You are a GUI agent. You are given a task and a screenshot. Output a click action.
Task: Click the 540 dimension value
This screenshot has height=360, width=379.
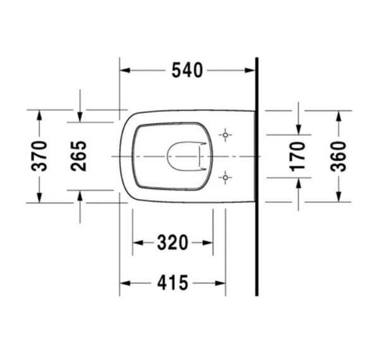pyautogui.click(x=188, y=71)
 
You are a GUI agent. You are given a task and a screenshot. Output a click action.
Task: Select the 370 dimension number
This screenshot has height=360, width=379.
pyautogui.click(x=39, y=156)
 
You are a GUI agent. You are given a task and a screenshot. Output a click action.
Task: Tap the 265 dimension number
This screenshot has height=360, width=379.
pyautogui.click(x=80, y=156)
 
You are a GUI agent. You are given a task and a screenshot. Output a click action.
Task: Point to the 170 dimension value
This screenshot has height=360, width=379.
pyautogui.click(x=298, y=156)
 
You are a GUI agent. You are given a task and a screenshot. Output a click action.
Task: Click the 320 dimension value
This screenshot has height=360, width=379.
pyautogui.click(x=172, y=242)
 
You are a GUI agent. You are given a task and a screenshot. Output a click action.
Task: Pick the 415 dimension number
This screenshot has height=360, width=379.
pyautogui.click(x=172, y=284)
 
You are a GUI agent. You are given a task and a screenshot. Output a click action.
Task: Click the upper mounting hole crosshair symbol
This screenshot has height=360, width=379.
pyautogui.click(x=225, y=135)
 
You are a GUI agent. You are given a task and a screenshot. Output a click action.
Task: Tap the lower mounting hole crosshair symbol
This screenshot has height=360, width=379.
pyautogui.click(x=225, y=177)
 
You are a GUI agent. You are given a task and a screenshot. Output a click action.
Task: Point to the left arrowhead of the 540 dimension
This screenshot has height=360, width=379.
pyautogui.click(x=125, y=71)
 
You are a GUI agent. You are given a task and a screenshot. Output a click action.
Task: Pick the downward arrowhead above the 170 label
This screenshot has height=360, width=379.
pyautogui.click(x=298, y=129)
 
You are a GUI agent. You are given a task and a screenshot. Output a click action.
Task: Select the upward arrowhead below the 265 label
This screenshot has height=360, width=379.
pyautogui.click(x=80, y=196)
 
